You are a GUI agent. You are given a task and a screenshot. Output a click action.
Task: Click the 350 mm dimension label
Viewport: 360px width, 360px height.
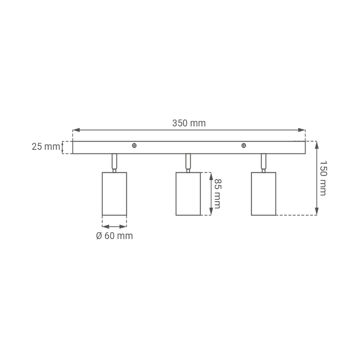[189, 123]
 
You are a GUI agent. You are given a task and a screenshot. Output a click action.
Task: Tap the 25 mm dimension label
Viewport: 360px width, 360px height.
[46, 147]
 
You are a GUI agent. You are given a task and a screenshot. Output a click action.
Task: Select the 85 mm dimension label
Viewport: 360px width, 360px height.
[217, 193]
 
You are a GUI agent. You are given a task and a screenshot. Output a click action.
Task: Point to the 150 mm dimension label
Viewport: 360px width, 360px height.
[323, 178]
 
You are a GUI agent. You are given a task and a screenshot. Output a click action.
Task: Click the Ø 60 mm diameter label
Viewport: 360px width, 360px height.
[114, 236]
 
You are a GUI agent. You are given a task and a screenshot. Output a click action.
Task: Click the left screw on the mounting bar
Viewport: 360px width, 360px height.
[134, 145]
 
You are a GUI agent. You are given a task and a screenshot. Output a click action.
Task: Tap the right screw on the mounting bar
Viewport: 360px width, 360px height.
[244, 145]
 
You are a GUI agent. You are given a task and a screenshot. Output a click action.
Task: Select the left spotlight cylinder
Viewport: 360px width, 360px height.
[114, 194]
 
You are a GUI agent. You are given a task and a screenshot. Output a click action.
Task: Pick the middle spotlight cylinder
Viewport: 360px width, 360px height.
[188, 194]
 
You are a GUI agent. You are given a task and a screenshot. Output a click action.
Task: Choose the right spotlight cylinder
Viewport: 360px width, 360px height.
[264, 194]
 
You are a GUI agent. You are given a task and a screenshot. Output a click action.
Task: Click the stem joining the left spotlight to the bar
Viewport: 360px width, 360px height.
[114, 163]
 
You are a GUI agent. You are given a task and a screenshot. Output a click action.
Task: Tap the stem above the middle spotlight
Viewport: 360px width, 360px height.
[188, 163]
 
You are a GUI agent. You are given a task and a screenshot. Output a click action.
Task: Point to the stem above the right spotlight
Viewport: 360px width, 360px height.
[264, 163]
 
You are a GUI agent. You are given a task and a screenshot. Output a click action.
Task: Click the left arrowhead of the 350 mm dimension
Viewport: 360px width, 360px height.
[76, 130]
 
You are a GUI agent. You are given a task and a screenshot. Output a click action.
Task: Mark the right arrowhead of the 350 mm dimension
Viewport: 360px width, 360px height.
[302, 130]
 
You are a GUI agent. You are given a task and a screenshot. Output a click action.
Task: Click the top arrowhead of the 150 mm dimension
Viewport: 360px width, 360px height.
[317, 145]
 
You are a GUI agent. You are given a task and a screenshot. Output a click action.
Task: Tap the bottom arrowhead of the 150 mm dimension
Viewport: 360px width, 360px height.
[317, 211]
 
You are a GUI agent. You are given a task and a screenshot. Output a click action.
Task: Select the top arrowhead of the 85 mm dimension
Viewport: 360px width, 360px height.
[211, 176]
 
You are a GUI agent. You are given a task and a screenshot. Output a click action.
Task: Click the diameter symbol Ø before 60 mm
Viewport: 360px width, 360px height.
[99, 236]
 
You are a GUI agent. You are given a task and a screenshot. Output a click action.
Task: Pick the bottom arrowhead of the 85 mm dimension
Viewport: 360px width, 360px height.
[211, 211]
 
